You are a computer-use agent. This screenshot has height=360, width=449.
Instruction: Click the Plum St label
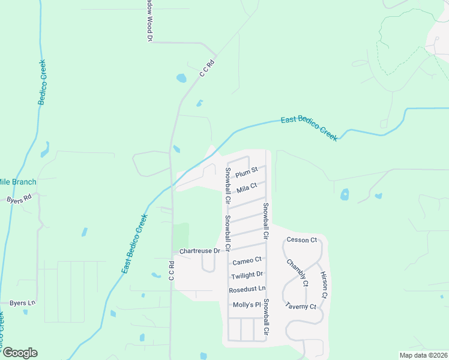pos(246,173)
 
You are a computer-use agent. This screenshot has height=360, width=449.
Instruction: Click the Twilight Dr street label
pos(247,275)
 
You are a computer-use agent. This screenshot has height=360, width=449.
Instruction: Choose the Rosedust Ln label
pos(247,290)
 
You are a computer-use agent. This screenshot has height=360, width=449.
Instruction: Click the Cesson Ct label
pos(301,240)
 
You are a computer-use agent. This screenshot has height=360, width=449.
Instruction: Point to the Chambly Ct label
pos(297,272)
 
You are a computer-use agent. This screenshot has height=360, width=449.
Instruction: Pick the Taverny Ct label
pos(301,306)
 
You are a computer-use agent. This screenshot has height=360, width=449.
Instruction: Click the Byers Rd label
pos(19,199)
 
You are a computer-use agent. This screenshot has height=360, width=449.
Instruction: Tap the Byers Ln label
pos(18,302)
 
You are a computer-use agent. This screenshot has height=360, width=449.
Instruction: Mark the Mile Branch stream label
pos(17,182)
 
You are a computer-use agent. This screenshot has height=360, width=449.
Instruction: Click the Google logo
pos(19,353)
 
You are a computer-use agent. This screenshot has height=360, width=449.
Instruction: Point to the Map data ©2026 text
pos(423,355)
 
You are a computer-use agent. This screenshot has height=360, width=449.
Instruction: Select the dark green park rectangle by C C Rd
pos(181,234)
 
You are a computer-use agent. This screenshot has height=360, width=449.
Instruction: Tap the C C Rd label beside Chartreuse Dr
pos(171,271)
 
